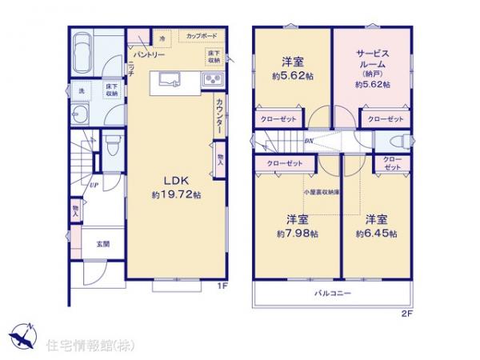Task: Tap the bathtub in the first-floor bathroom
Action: pyautogui.click(x=82, y=54)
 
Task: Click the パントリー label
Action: pyautogui.click(x=148, y=55)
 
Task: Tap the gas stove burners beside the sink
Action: pyautogui.click(x=213, y=78)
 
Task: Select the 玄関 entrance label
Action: pyautogui.click(x=104, y=244)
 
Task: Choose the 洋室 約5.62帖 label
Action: pyautogui.click(x=290, y=69)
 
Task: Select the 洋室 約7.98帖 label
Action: pyautogui.click(x=298, y=226)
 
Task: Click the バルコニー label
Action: pyautogui.click(x=333, y=294)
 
